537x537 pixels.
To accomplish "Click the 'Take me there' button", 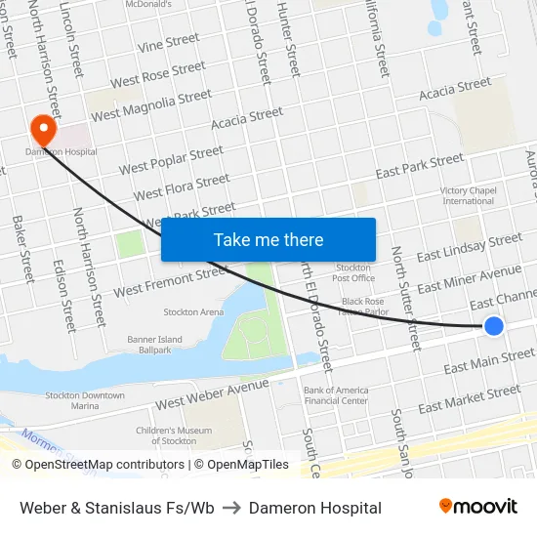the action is click(268, 240).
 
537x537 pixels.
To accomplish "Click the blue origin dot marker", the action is click(494, 326).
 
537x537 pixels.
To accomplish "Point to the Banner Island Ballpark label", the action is click(128, 345).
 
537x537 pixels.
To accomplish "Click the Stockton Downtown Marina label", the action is click(85, 400).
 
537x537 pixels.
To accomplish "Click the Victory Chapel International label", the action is click(469, 195).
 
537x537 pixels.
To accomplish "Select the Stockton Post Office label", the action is click(353, 272).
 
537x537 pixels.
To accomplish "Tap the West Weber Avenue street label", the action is click(212, 393).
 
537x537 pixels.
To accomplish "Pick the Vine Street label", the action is click(169, 43).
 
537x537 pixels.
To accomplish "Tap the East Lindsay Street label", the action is click(470, 247).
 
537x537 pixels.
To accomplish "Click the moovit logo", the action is click(477, 507).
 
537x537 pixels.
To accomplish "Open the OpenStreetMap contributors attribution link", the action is click(98, 465).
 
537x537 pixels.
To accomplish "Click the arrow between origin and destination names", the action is click(231, 508).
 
